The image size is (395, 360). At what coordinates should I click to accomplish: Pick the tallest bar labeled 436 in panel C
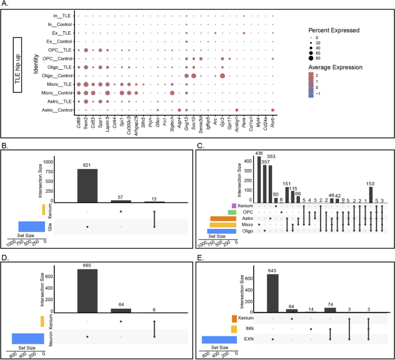point(259,179)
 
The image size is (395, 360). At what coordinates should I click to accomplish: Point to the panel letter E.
point(200,252)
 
